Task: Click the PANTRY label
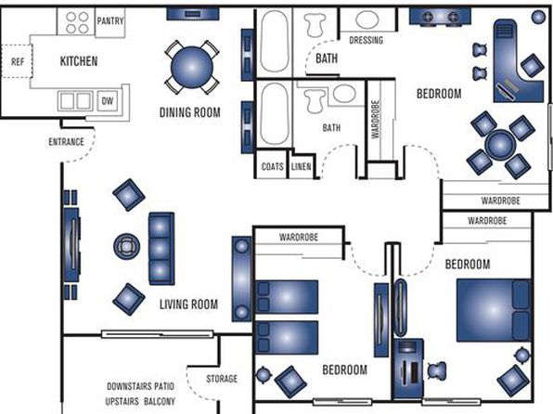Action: pos(110,21)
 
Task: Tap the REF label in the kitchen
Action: pos(18,62)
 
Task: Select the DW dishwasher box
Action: pos(108,101)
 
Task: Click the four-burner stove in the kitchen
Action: pos(77,22)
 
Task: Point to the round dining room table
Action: pos(192,67)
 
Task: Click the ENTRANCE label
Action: pos(66,142)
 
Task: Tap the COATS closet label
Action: pos(272,166)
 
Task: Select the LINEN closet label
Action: pos(301,166)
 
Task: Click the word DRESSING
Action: pos(367,40)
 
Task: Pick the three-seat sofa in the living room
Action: pos(161,249)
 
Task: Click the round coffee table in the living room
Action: pos(126,246)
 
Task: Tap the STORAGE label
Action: pos(222,379)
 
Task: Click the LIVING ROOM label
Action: pos(188,304)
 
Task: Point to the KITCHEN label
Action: pos(79,61)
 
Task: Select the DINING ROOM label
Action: pos(189,112)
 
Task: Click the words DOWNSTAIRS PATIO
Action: pos(140,386)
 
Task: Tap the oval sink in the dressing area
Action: pos(367,19)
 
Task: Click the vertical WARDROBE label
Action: pos(376,120)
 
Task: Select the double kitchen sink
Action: pos(75,101)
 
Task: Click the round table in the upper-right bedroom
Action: pos(500,145)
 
